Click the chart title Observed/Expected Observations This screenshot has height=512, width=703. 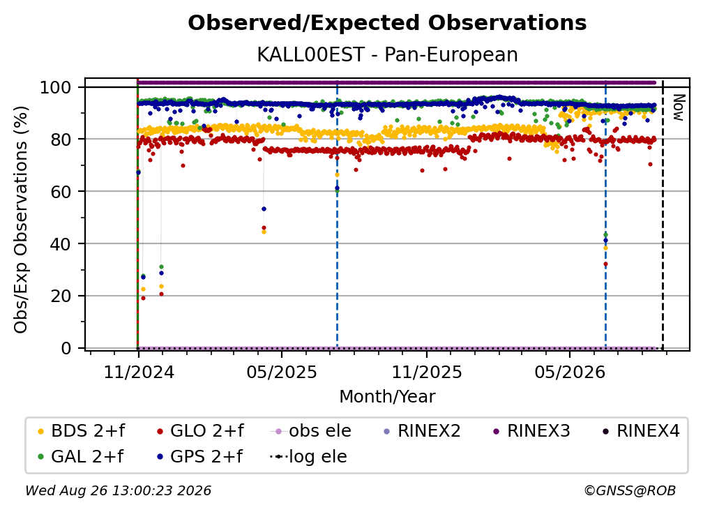387,23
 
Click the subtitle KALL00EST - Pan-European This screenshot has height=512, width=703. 387,54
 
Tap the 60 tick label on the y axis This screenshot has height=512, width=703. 61,191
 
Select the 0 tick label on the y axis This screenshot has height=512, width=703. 66,348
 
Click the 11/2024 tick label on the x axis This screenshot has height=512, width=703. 139,372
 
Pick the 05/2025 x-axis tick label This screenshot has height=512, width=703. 282,372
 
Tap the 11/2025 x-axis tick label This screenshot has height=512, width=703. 426,372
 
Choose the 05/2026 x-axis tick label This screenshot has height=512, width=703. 569,372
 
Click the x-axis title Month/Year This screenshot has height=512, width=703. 387,396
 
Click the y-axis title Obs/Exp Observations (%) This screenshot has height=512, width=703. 21,220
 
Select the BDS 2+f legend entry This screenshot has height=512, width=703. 81,431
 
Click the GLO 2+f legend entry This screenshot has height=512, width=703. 200,431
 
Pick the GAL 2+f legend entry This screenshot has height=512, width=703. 81,456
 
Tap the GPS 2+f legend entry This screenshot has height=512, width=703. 200,456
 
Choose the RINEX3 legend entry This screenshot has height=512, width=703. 531,431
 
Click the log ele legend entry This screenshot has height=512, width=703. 308,456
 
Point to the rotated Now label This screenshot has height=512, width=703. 679,107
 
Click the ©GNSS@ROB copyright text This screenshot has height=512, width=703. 630,490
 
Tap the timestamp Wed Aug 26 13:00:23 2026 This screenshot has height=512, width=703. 118,490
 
